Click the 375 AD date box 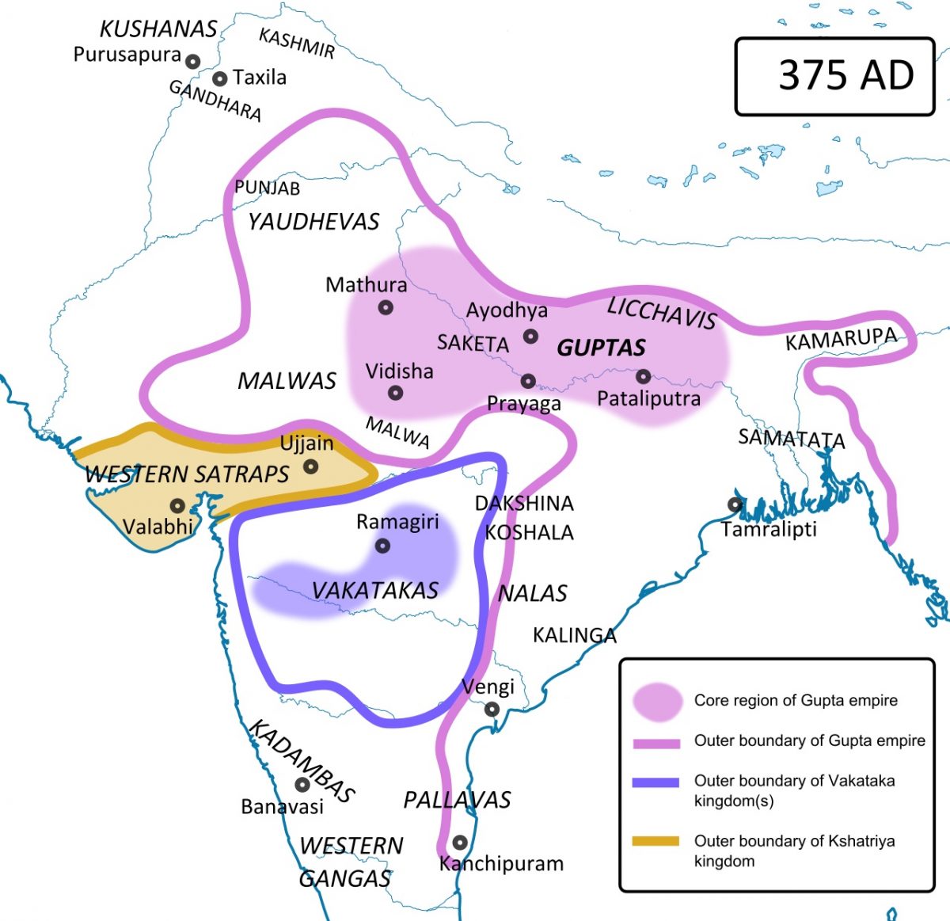[x=834, y=76]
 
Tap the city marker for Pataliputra [x=643, y=376]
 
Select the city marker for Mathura [x=386, y=307]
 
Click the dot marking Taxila [x=219, y=78]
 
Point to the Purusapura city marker [x=192, y=60]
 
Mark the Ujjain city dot [x=311, y=466]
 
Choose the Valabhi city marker [x=177, y=505]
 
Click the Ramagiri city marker [x=382, y=546]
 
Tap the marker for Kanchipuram [x=459, y=842]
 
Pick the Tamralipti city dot [x=735, y=504]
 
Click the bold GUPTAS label [x=601, y=348]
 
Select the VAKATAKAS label [x=374, y=590]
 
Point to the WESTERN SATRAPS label [x=187, y=474]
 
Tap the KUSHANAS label [x=158, y=29]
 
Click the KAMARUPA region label [x=841, y=339]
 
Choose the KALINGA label [x=574, y=635]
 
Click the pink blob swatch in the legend [x=657, y=702]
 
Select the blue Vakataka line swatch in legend [x=655, y=782]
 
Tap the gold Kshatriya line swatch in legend [x=655, y=841]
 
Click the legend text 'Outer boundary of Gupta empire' [x=809, y=740]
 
